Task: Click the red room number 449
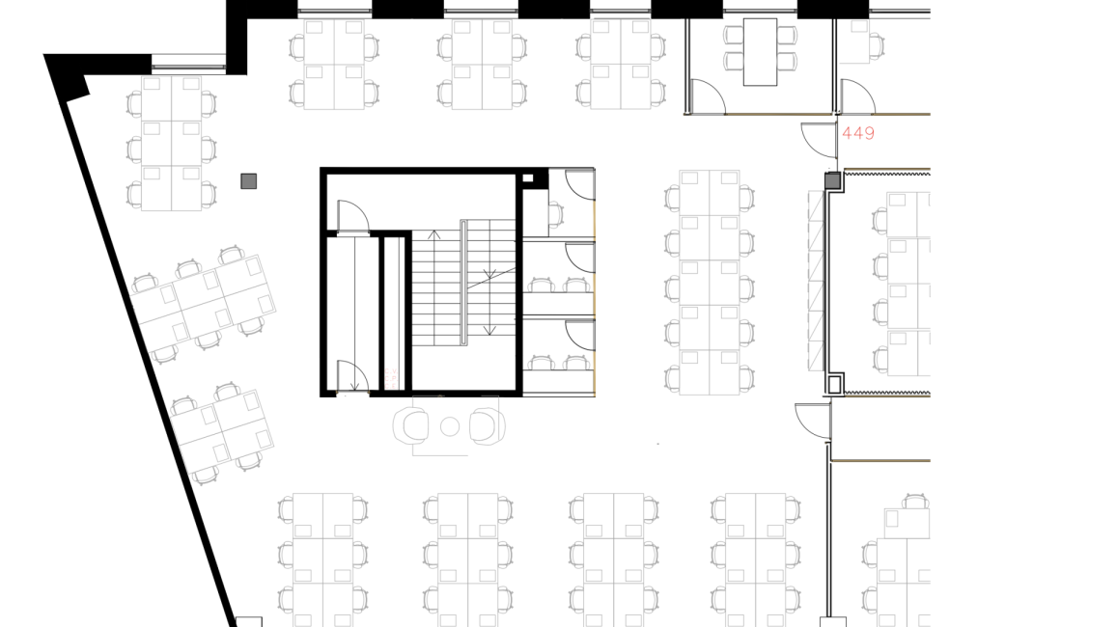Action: [x=857, y=133]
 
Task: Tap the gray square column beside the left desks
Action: [x=249, y=181]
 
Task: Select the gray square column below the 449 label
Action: [x=832, y=180]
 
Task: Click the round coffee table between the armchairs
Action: [x=450, y=426]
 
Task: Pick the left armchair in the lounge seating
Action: [x=411, y=425]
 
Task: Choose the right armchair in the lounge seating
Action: [x=488, y=425]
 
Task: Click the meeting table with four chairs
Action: [x=760, y=52]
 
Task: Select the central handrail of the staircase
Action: [x=463, y=283]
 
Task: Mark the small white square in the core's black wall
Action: [x=528, y=177]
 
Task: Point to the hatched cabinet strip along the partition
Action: [x=816, y=281]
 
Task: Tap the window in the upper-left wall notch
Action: [x=189, y=68]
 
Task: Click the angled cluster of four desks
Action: [x=221, y=433]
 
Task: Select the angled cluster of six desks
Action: [x=203, y=304]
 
